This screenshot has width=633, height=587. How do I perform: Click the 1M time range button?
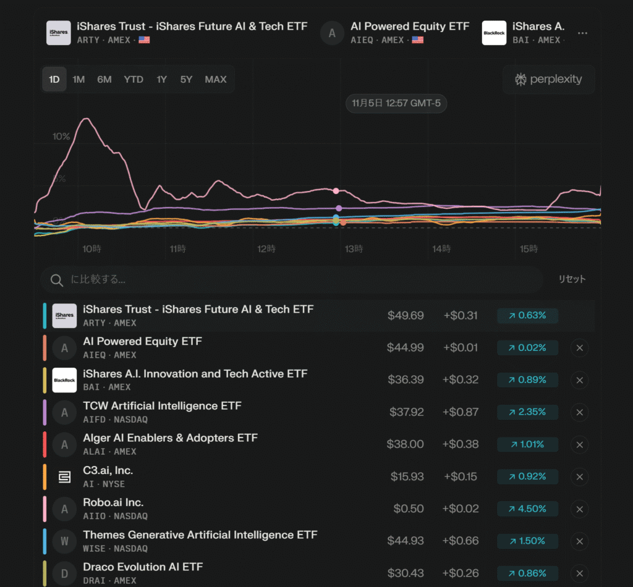(79, 80)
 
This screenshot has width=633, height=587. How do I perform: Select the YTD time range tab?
(134, 80)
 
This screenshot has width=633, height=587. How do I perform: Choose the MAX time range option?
(216, 80)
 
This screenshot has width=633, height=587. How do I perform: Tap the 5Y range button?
(187, 80)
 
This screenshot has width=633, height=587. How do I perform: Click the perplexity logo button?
(548, 80)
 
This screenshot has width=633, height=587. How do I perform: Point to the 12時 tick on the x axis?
(266, 249)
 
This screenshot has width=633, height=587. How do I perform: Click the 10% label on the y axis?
(61, 137)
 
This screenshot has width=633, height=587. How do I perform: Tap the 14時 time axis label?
(441, 249)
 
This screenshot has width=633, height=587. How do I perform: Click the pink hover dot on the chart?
(336, 191)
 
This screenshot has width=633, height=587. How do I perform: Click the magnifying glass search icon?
(57, 280)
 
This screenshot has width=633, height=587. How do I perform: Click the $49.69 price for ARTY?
(406, 316)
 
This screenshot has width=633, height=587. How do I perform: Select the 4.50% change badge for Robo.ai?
(527, 509)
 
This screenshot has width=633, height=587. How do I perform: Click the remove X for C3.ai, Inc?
(579, 476)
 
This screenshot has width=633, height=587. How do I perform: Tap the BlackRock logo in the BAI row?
(64, 380)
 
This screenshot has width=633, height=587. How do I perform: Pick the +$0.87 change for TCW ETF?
(461, 412)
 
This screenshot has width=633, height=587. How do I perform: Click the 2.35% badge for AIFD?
(527, 412)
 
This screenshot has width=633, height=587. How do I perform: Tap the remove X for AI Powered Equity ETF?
(579, 348)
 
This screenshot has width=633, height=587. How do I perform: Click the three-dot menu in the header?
(582, 33)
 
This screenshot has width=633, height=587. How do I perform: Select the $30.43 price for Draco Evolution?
(406, 573)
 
